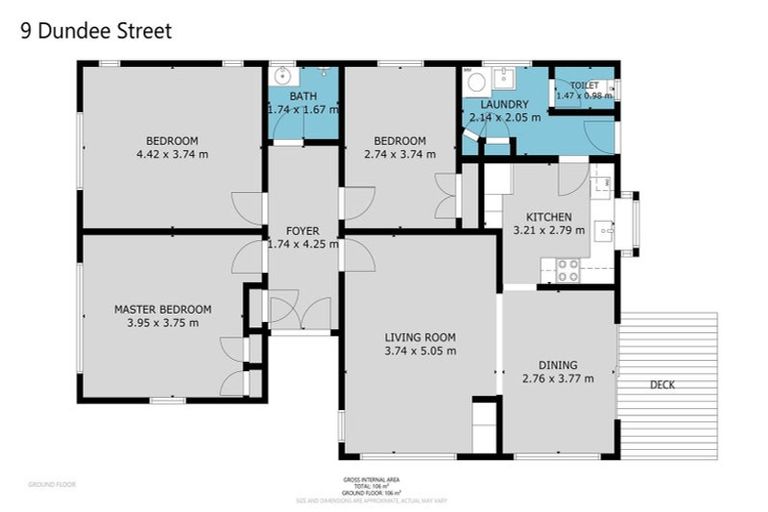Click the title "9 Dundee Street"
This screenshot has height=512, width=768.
(96, 31)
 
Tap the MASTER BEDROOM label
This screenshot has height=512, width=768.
(162, 309)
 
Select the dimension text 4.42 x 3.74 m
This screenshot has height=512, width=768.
(172, 154)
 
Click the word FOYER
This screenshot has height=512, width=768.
(302, 231)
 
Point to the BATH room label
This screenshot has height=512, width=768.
(303, 96)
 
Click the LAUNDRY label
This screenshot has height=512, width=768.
(504, 104)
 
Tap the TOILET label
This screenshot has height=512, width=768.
(585, 87)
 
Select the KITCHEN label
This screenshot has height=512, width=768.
(549, 217)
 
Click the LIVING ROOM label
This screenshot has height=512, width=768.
(420, 337)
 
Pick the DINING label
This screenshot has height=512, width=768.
(557, 365)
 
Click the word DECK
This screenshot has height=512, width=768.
(662, 384)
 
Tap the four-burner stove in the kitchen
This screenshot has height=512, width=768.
(567, 270)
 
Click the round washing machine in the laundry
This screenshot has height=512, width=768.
(476, 81)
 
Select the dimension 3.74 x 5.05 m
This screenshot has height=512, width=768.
(420, 351)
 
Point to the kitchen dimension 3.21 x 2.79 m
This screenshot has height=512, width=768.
(549, 230)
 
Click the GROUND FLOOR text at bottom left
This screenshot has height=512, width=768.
(52, 484)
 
